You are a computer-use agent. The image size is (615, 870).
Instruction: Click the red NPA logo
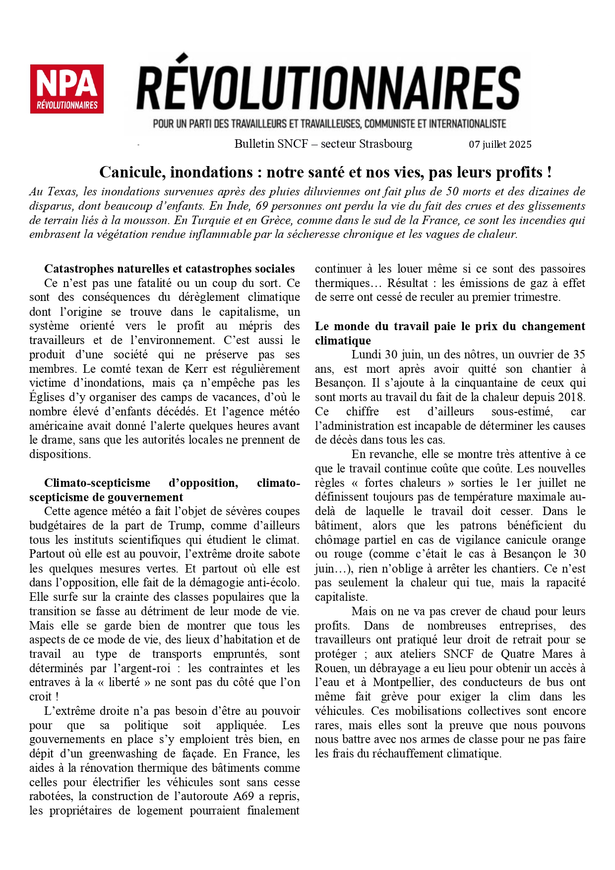66,89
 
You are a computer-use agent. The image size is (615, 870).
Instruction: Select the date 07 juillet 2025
500,145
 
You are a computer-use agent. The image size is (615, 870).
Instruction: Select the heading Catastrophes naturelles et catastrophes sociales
170,269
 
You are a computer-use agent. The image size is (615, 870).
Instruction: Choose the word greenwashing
123,754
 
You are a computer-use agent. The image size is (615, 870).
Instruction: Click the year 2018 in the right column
572,398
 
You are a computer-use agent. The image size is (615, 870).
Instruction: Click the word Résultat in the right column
407,283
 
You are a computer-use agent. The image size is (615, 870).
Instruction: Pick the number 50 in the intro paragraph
452,192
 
